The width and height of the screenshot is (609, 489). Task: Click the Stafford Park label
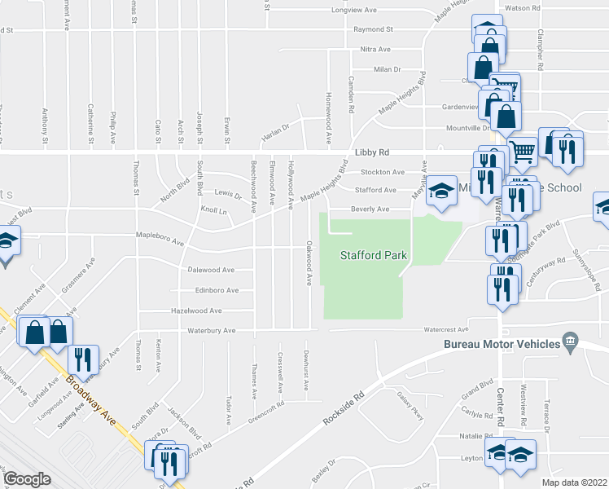(373, 256)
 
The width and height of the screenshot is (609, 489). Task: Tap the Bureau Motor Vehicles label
(502, 344)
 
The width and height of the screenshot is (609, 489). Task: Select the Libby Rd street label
(372, 152)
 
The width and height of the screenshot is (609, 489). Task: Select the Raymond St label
(373, 29)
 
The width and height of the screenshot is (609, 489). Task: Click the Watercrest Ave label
(445, 330)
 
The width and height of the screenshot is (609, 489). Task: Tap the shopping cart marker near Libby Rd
(521, 150)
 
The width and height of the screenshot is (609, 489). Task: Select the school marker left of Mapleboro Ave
(7, 243)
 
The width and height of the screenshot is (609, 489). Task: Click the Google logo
(28, 479)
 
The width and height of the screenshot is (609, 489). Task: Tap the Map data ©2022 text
(574, 482)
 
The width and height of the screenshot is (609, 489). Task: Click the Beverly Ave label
(370, 209)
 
